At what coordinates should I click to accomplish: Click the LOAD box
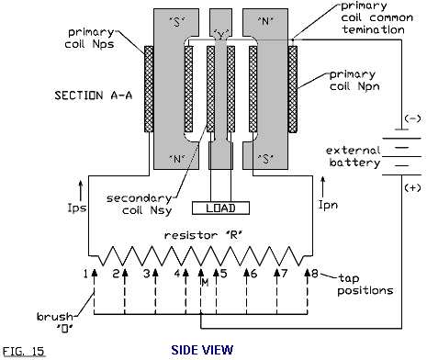coord(220,208)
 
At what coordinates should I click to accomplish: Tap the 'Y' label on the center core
coord(220,35)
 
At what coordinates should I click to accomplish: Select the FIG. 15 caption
coord(23,351)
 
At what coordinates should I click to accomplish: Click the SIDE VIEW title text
coord(202,350)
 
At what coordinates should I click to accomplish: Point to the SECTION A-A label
coord(94,96)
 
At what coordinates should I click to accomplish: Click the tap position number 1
coord(85,274)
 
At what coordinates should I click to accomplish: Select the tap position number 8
coord(315,273)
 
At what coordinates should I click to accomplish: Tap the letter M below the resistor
coord(205,283)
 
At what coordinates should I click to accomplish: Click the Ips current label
coord(77,208)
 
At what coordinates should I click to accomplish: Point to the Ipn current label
coord(329,205)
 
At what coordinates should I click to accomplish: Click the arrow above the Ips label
coord(81,190)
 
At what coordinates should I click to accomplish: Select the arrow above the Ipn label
coord(322,186)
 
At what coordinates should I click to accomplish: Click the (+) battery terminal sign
coord(412,187)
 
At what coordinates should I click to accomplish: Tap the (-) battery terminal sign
coord(412,118)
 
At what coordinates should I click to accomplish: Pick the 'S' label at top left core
coord(176,22)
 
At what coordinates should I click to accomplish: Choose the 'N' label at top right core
coord(265,21)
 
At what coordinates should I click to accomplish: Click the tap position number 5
coord(224,274)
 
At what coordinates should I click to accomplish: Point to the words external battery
coord(354,156)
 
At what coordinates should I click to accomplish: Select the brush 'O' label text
coord(56,322)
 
